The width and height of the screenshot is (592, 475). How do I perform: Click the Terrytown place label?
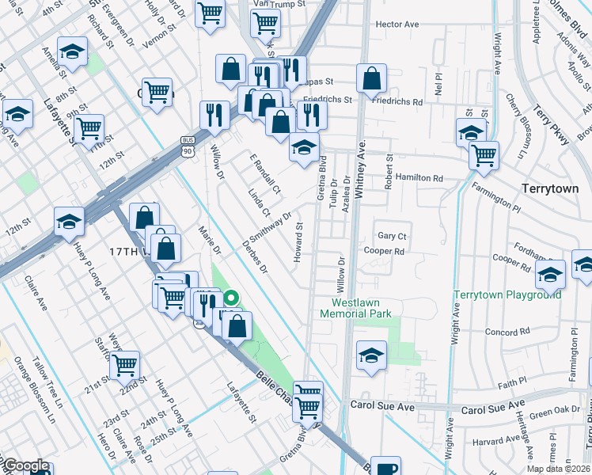pyautogui.click(x=550, y=189)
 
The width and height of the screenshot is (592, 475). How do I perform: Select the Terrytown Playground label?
pyautogui.click(x=507, y=295)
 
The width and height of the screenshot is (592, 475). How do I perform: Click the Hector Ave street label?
pyautogui.click(x=397, y=25)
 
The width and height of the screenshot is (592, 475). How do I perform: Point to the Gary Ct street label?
pyautogui.click(x=392, y=236)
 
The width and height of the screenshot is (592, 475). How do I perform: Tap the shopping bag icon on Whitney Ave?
pyautogui.click(x=370, y=78)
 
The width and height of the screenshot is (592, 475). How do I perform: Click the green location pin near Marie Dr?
pyautogui.click(x=231, y=298)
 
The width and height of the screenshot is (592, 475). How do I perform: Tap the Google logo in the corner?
pyautogui.click(x=26, y=465)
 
